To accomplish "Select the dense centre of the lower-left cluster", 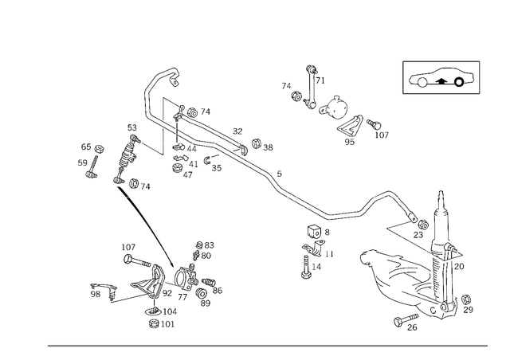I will coord(163,283).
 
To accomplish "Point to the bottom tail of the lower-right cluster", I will coord(406,323).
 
